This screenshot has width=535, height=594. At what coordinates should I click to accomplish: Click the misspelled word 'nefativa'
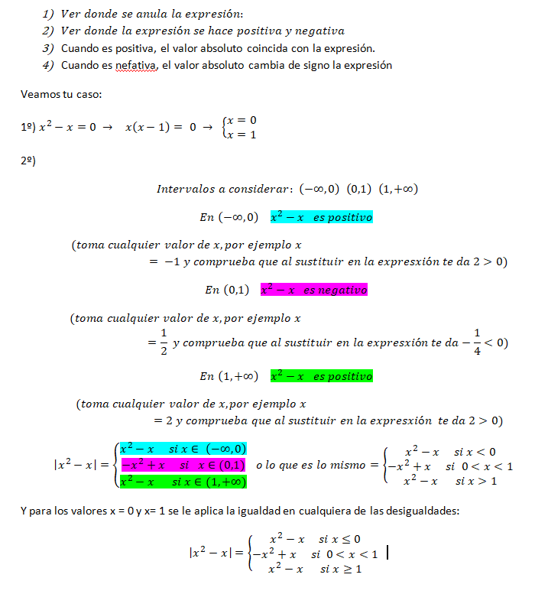pyautogui.click(x=138, y=65)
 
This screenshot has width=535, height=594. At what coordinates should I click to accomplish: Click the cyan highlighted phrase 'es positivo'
pyautogui.click(x=342, y=217)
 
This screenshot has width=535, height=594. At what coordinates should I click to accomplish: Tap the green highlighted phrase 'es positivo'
pyautogui.click(x=342, y=376)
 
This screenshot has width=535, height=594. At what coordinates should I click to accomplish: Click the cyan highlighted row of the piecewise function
pyautogui.click(x=183, y=449)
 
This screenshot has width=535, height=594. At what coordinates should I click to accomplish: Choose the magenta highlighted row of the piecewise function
pyautogui.click(x=183, y=465)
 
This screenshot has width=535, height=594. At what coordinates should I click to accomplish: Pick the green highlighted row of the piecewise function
pyautogui.click(x=183, y=482)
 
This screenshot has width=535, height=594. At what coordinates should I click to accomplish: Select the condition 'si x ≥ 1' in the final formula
pyautogui.click(x=340, y=569)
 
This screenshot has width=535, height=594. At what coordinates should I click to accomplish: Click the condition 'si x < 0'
pyautogui.click(x=475, y=452)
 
